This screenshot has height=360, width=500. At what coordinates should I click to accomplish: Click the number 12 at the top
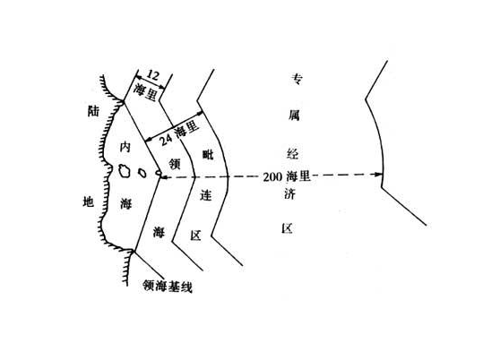click(152, 75)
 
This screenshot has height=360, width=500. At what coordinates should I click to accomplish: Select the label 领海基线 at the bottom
click(168, 286)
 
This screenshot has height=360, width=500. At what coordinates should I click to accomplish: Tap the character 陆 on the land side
click(93, 111)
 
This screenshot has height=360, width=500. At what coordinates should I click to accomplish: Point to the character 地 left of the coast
click(88, 201)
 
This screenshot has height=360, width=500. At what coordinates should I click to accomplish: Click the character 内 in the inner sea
click(125, 147)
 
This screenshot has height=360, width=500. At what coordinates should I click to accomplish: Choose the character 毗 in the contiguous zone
click(208, 155)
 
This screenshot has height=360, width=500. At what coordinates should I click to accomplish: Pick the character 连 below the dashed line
click(206, 195)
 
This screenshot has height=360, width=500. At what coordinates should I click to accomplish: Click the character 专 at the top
click(297, 79)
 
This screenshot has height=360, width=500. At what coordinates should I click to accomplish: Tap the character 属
click(294, 116)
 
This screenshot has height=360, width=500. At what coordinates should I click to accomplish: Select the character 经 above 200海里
click(292, 153)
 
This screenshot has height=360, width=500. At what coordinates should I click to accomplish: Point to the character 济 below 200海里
click(289, 193)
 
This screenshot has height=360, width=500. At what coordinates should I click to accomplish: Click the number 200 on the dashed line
click(272, 176)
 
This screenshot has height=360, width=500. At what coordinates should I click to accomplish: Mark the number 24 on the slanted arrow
click(167, 139)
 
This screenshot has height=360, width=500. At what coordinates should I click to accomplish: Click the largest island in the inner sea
click(124, 170)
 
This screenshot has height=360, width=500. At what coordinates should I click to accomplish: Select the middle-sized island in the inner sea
click(142, 173)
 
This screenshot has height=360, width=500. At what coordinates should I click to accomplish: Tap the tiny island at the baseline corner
click(159, 173)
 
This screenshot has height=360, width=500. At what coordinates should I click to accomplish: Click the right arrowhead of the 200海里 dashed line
click(379, 175)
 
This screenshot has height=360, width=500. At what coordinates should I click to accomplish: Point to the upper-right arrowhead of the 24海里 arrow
click(199, 113)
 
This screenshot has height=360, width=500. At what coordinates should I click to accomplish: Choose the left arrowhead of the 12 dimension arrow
click(138, 77)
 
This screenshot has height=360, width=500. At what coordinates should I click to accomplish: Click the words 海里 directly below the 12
click(145, 91)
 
